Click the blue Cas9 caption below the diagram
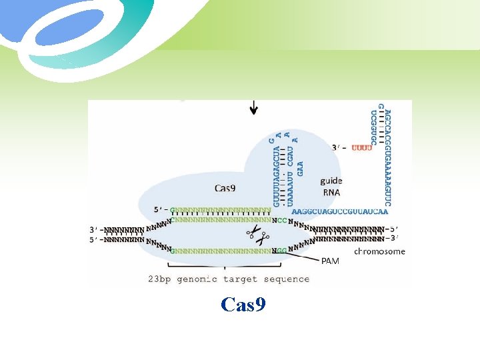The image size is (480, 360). [x=243, y=305]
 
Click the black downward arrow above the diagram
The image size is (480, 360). [x=254, y=107]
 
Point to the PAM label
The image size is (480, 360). [x=330, y=261]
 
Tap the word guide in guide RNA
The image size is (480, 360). [x=331, y=180]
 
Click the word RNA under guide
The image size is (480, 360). [x=331, y=192]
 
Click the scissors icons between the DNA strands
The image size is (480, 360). [x=257, y=235]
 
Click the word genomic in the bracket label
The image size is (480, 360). [x=202, y=279]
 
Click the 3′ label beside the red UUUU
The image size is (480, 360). [x=338, y=147]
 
